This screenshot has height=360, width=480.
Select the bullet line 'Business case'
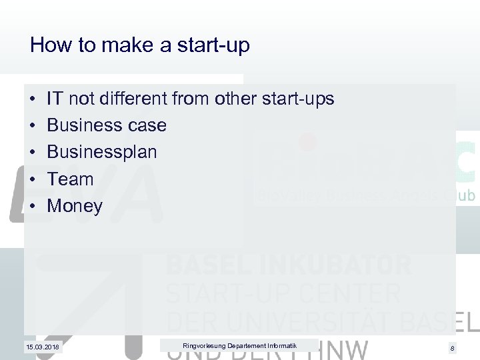107,125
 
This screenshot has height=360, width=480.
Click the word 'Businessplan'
102,152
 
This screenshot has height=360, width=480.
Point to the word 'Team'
71,179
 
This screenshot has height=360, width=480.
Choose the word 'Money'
75,206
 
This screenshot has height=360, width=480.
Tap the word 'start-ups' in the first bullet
297,99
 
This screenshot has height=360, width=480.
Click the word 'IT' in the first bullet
55,99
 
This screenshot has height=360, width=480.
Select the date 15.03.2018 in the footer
43,347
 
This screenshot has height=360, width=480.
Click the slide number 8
452,348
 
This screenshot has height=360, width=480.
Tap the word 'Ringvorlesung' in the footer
203,345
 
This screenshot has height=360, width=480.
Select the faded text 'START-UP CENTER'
283,293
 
